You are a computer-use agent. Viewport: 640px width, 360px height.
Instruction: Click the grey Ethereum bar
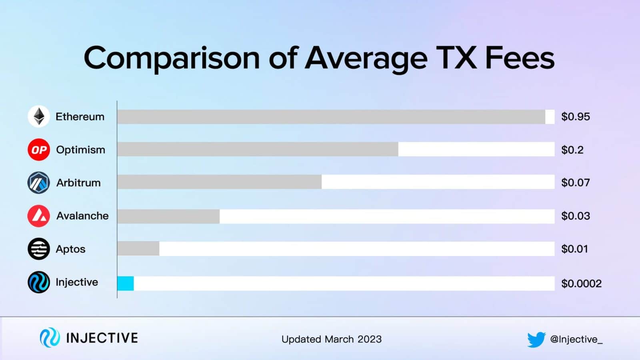point(331,117)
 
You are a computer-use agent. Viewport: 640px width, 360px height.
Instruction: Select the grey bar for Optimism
point(258,150)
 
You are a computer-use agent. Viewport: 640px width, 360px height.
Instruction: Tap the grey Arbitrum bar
point(219,182)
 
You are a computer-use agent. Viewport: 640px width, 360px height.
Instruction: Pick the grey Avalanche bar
point(168,216)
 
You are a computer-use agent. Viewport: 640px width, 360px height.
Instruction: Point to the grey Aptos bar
point(138,249)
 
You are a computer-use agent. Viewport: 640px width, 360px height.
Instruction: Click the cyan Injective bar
point(126,283)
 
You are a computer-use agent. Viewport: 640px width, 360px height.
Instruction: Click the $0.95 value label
point(576,117)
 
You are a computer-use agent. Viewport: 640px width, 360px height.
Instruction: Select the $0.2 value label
point(572,150)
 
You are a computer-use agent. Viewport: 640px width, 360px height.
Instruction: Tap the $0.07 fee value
point(576,183)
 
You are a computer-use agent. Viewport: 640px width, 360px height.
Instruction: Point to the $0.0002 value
point(581,284)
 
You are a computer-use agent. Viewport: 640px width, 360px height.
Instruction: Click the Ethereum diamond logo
point(39,116)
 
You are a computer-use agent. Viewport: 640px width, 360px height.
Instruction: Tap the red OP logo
point(39,150)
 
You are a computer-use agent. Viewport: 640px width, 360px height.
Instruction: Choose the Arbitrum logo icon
point(39,183)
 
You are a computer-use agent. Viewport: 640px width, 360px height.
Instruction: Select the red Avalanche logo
point(39,216)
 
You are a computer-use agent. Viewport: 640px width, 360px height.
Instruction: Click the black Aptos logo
point(39,249)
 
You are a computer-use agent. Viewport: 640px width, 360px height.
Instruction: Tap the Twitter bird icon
point(536,340)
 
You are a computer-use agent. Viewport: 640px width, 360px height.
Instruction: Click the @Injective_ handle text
point(576,340)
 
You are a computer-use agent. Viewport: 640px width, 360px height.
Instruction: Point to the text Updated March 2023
point(332,339)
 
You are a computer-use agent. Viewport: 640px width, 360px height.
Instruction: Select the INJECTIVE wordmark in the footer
point(102,338)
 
